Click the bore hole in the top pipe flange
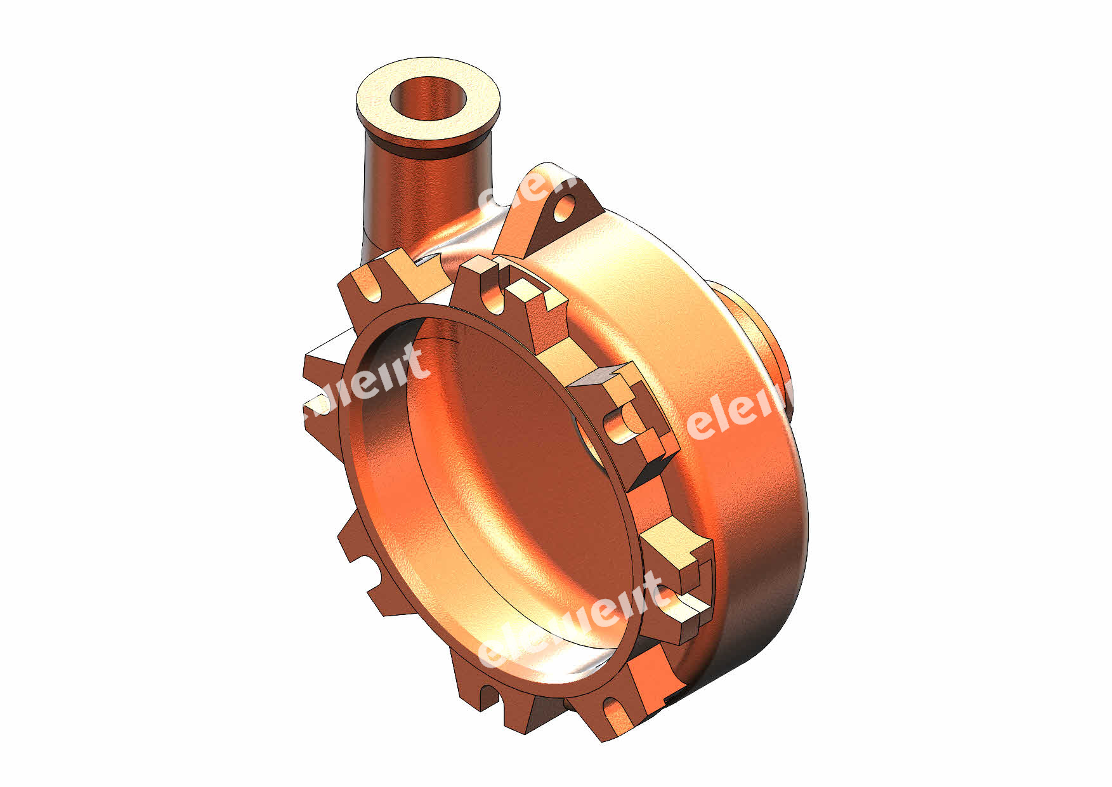(428, 99)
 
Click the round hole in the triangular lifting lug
(564, 208)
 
